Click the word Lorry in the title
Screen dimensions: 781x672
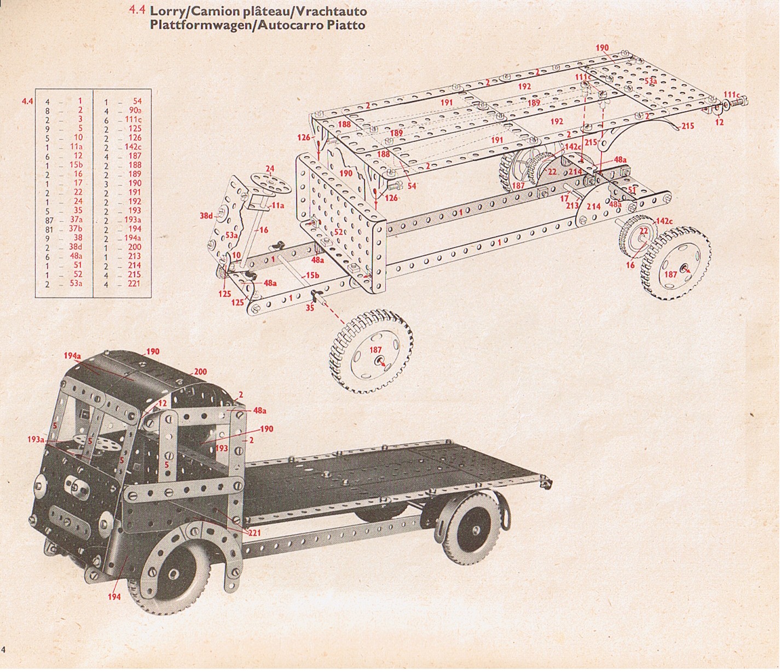point(169,12)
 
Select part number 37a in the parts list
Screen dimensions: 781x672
point(76,220)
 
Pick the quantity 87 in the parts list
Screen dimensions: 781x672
point(49,221)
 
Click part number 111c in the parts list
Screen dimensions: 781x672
point(134,119)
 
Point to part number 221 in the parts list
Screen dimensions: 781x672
point(134,283)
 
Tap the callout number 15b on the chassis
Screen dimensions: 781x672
point(312,275)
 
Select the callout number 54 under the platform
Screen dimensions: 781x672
point(412,186)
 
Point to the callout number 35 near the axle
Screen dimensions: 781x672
point(310,308)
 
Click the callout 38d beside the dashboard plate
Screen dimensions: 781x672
point(206,216)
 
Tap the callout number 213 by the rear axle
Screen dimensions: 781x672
point(572,205)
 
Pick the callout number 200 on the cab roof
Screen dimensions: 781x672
point(200,371)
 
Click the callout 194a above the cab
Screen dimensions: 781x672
point(72,355)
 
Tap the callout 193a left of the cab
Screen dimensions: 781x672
point(36,439)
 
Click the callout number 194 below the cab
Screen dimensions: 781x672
point(114,596)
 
